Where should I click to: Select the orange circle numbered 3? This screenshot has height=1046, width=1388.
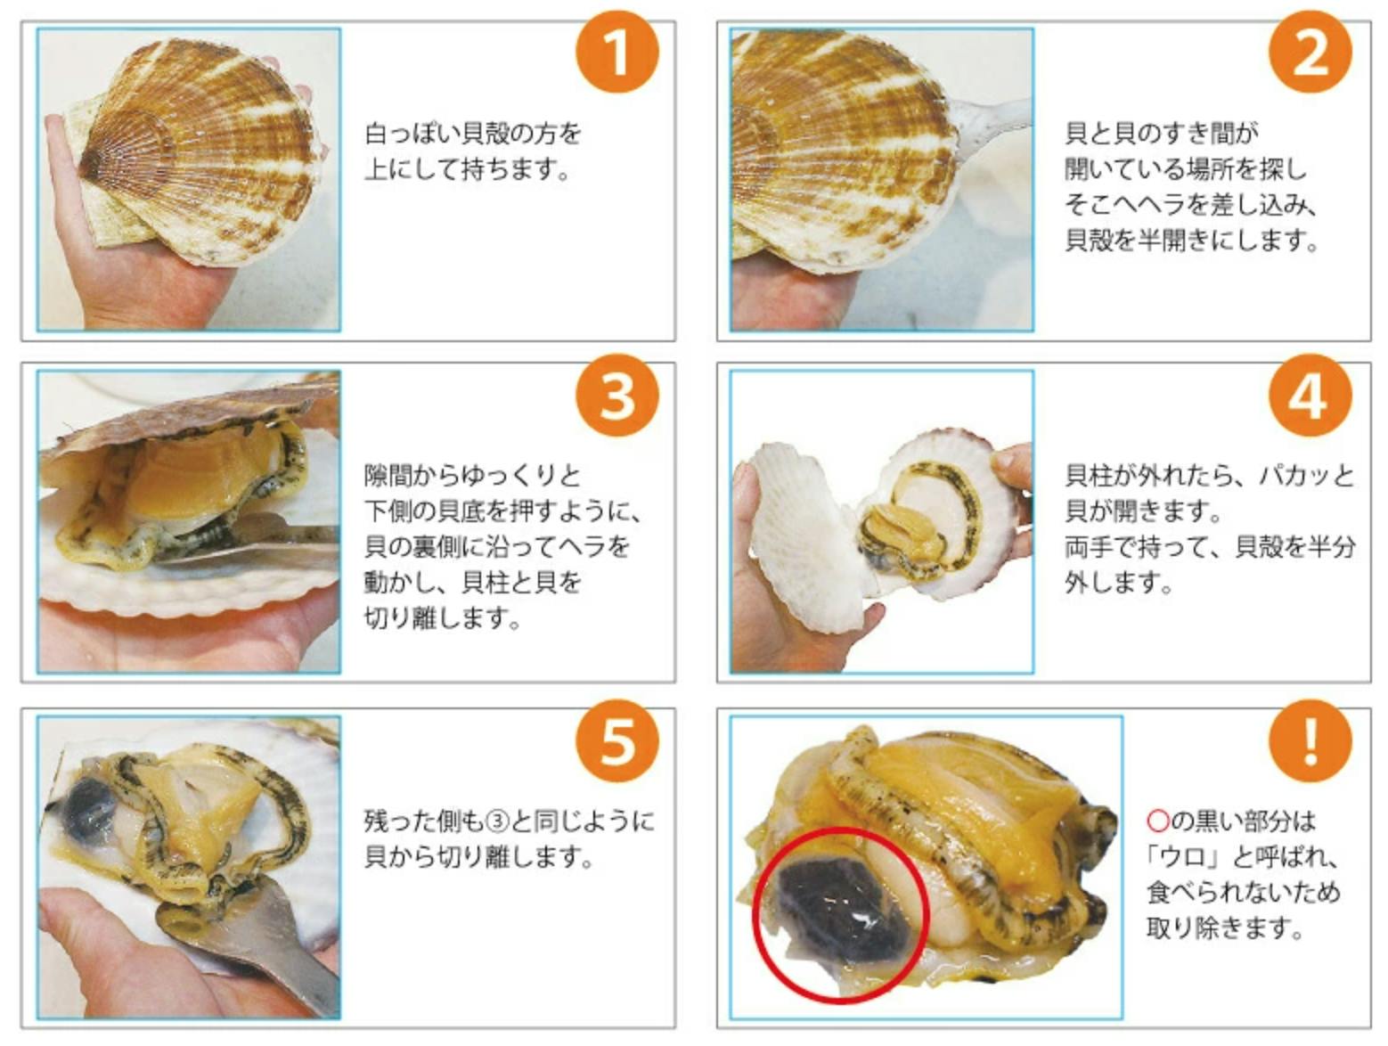(616, 396)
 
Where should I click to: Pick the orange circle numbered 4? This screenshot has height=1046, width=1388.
(1310, 396)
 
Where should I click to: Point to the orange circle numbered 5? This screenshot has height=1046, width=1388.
(616, 740)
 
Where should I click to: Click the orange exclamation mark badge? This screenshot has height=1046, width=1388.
(1310, 740)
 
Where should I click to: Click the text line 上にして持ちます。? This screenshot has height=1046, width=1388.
(467, 169)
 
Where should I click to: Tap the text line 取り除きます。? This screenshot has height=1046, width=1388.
(1224, 928)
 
